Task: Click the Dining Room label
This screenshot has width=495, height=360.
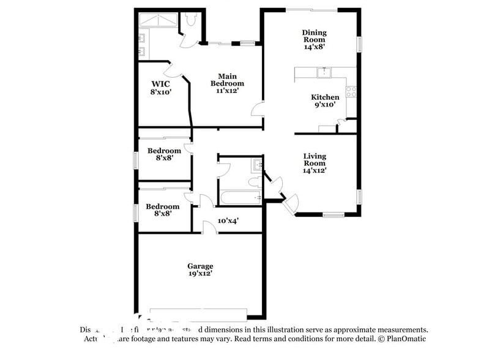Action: click(314, 36)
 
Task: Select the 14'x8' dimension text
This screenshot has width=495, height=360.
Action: click(314, 46)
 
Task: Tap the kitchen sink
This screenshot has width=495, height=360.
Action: click(322, 73)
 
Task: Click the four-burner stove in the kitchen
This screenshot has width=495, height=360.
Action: click(351, 92)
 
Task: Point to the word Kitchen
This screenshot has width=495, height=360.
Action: click(325, 97)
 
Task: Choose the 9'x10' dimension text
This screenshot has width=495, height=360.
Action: click(325, 105)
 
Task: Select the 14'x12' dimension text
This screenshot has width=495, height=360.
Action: click(314, 171)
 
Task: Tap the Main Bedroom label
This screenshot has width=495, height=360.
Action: click(227, 80)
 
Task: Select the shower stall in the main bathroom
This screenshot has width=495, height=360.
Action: click(158, 20)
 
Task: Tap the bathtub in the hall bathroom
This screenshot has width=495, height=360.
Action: click(240, 197)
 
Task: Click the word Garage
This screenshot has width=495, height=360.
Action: click(200, 266)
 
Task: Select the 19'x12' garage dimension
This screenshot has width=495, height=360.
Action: click(200, 275)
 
